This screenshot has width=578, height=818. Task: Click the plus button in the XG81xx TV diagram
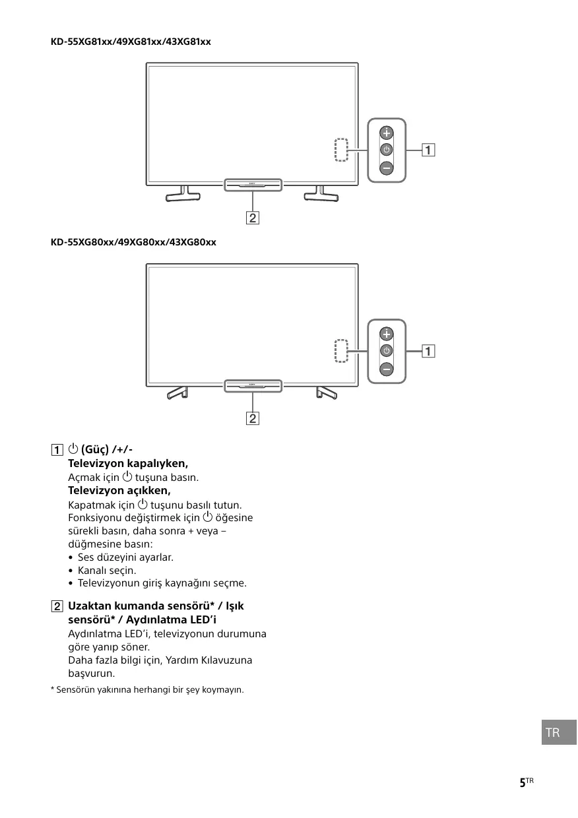tap(387, 132)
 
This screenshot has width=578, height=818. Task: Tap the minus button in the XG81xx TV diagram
tap(387, 168)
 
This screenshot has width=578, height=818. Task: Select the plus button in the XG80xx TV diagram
tap(387, 333)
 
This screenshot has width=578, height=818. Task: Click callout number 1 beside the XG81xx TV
tap(429, 150)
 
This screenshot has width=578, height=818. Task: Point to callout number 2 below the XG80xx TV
tap(252, 418)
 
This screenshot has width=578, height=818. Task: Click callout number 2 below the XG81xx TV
tap(252, 217)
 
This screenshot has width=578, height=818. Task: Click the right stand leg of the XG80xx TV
tap(326, 393)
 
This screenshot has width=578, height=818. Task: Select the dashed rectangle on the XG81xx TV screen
tap(340, 150)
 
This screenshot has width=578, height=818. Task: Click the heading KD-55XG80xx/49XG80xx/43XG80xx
tap(133, 242)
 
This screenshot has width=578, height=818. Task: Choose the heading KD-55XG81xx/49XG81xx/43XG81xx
tap(131, 42)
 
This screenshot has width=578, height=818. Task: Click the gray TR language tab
tap(553, 733)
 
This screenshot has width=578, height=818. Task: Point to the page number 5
tap(523, 782)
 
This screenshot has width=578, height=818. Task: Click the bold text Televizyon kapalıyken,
tap(128, 463)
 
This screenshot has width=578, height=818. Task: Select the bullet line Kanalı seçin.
tap(106, 570)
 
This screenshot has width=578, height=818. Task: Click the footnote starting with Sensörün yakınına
tap(147, 690)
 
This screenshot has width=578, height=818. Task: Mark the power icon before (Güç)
tap(73, 449)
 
